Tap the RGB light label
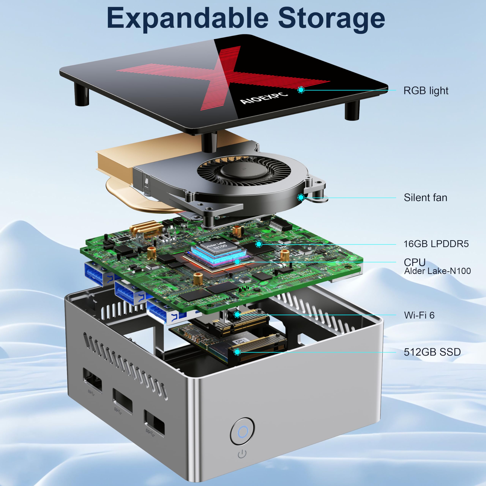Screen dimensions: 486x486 pos(426,91)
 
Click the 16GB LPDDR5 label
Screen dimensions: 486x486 pos(436,244)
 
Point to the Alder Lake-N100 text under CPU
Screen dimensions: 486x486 pos(437,271)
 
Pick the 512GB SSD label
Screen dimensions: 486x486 pos(432,352)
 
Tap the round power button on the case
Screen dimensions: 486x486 pos(242,431)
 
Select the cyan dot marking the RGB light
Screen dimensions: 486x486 pos(301,90)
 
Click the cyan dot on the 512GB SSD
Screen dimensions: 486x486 pos(237,352)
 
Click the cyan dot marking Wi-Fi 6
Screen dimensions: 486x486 pos(237,314)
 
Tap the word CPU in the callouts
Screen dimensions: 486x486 pos(414,262)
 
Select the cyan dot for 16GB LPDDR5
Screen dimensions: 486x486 pos(259,244)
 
